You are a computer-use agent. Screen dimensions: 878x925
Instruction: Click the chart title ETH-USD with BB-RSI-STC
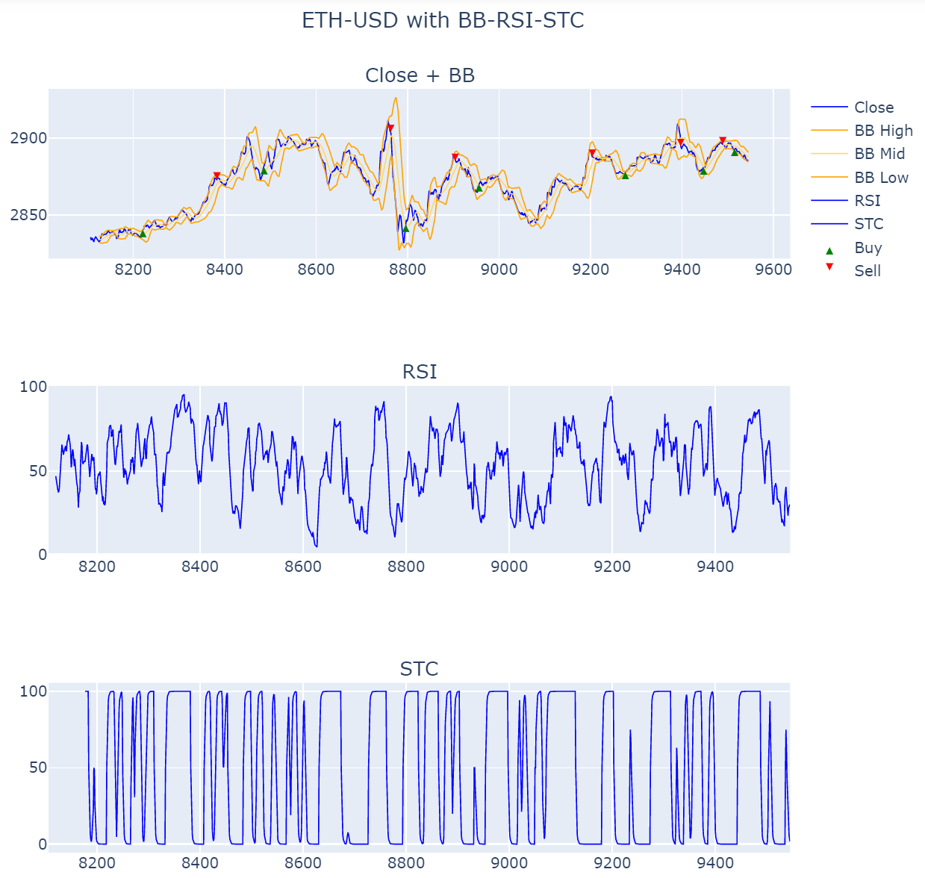pos(443,20)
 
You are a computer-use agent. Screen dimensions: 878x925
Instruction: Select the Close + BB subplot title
pos(420,75)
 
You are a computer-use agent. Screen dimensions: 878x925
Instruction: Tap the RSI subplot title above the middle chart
pos(420,372)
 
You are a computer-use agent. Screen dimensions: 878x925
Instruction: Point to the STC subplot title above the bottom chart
pos(419,669)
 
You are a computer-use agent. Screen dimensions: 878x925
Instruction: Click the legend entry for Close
pos(873,108)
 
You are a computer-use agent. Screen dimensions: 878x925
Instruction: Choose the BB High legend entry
pos(883,131)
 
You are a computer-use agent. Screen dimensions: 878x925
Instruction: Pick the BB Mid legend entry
pos(879,154)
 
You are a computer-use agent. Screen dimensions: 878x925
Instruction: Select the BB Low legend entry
pos(881,178)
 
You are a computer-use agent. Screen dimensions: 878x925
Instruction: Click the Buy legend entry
pos(868,248)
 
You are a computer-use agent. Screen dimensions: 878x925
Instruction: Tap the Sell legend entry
pos(868,271)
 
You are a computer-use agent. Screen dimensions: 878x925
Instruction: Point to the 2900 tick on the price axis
pos(28,138)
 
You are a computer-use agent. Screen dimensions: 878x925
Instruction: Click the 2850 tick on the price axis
pos(28,215)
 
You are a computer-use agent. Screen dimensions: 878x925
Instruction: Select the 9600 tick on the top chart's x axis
pos(773,270)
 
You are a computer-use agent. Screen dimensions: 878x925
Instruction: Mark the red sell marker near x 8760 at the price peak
pos(390,128)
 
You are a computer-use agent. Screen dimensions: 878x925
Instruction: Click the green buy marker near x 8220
pos(143,234)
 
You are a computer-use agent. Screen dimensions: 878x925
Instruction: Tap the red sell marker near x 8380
pos(217,176)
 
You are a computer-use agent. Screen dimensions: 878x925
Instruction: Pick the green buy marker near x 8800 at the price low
pos(406,228)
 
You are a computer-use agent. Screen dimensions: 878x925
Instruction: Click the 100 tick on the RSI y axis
pos(33,387)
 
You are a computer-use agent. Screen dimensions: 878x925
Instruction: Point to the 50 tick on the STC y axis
pos(38,768)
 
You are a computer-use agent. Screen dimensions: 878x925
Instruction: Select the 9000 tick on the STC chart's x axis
pos(509,863)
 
